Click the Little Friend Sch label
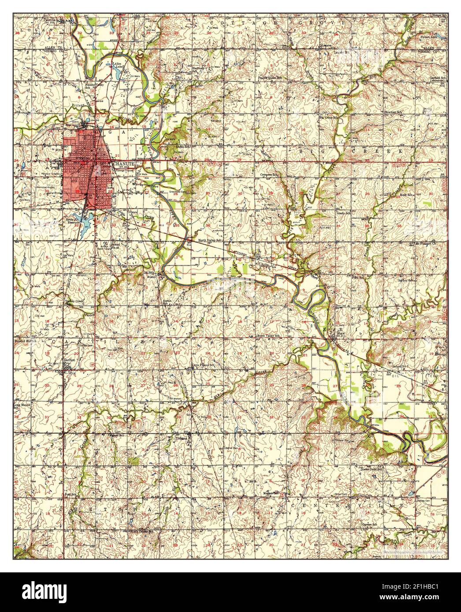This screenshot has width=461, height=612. pos(203,365)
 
